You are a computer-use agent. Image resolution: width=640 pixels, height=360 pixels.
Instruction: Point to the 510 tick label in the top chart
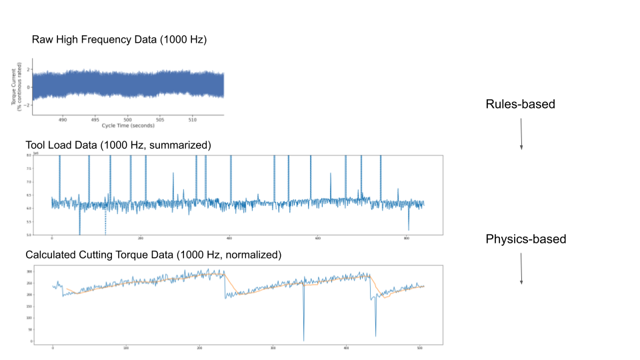point(193,120)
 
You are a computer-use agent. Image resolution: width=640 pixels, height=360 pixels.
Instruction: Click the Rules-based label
point(520,105)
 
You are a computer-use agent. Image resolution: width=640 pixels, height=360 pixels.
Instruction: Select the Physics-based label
point(525,239)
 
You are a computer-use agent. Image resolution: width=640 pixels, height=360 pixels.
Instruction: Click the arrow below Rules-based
point(521,133)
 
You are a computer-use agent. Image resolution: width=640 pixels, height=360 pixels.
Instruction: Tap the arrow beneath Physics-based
point(521,267)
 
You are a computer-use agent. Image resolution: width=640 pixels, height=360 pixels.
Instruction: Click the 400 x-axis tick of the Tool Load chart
point(229,238)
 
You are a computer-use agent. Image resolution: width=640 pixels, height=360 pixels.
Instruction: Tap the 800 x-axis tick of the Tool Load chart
point(407,238)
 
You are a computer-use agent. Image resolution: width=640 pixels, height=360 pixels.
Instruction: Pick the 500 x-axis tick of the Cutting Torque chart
point(419,347)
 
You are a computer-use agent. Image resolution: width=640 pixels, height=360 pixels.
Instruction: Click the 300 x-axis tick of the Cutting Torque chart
point(273,347)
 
